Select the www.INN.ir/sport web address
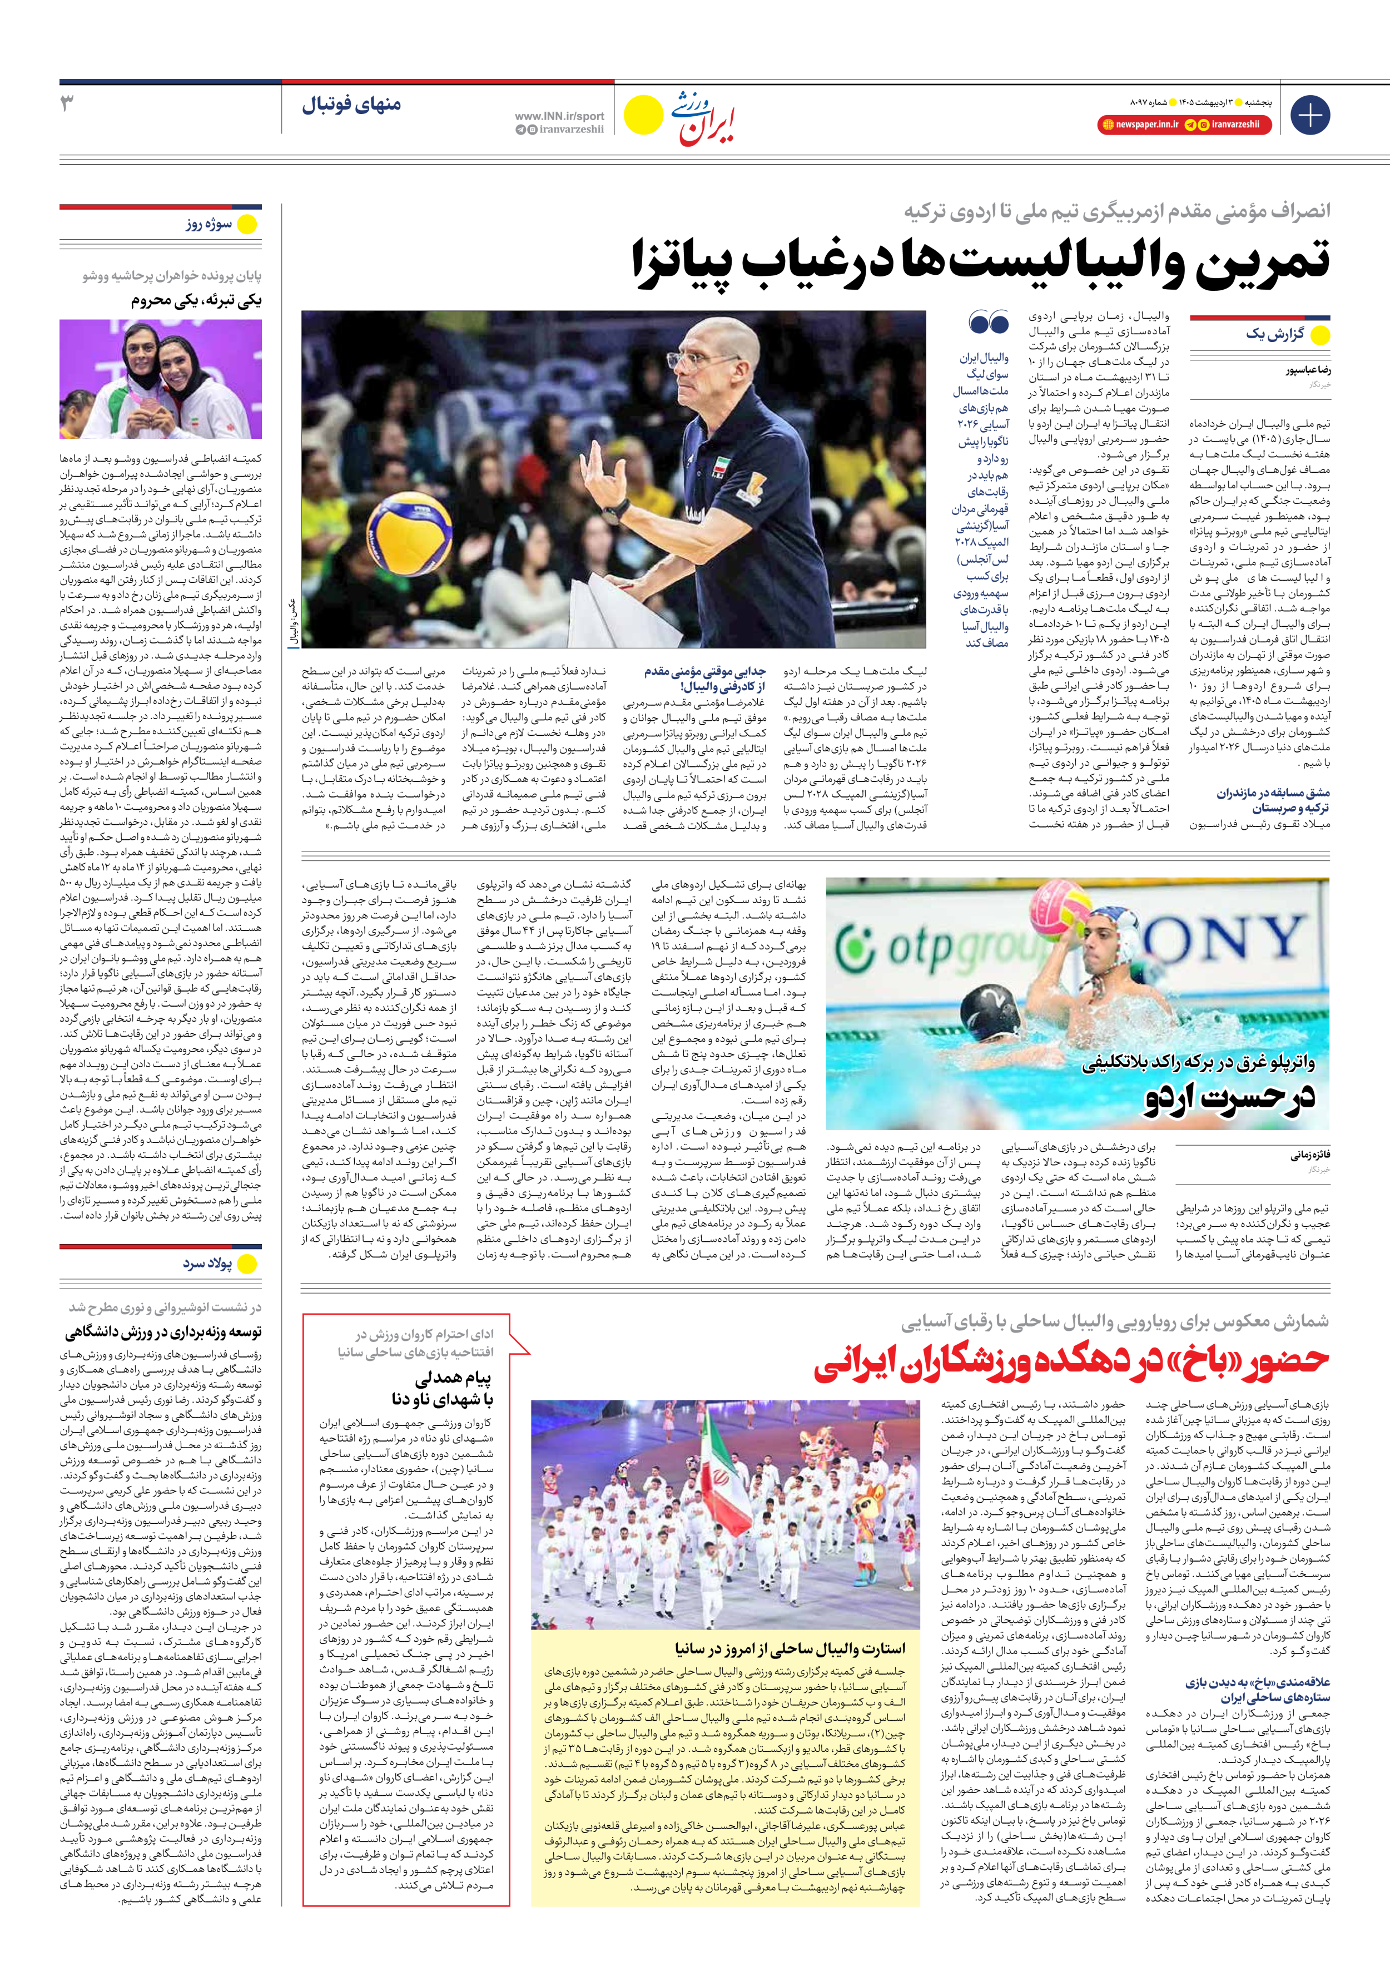(x=559, y=116)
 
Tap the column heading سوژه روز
(x=209, y=224)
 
